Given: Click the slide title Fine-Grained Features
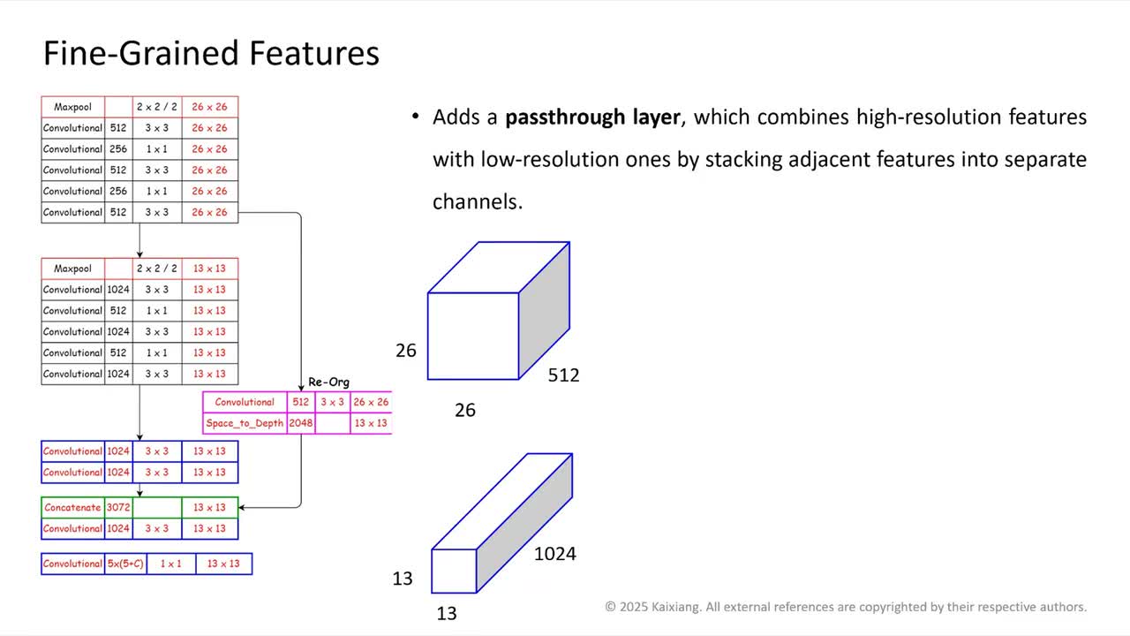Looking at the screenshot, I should [211, 53].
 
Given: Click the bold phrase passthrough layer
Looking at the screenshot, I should [592, 117].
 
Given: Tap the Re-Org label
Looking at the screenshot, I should [328, 382].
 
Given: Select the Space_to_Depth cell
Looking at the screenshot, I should [245, 423].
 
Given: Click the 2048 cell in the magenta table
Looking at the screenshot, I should [300, 423].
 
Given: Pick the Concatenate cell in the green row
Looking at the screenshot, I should [72, 508].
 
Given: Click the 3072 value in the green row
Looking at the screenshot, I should [118, 508].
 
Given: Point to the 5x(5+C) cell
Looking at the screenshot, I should [125, 564].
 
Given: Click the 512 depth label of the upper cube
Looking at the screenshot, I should [563, 375].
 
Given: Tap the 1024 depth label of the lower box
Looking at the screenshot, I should [554, 554].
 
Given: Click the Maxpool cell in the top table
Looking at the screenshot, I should [72, 107].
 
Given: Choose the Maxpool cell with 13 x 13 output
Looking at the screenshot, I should [72, 269].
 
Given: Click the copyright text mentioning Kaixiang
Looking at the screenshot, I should [845, 607].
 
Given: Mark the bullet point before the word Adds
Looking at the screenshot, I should [415, 117].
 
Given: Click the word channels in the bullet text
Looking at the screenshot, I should [477, 201].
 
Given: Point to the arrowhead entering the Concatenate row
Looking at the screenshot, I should [243, 508].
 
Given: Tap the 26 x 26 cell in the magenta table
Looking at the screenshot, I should [371, 402].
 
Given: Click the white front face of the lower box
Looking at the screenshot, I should [454, 571].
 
